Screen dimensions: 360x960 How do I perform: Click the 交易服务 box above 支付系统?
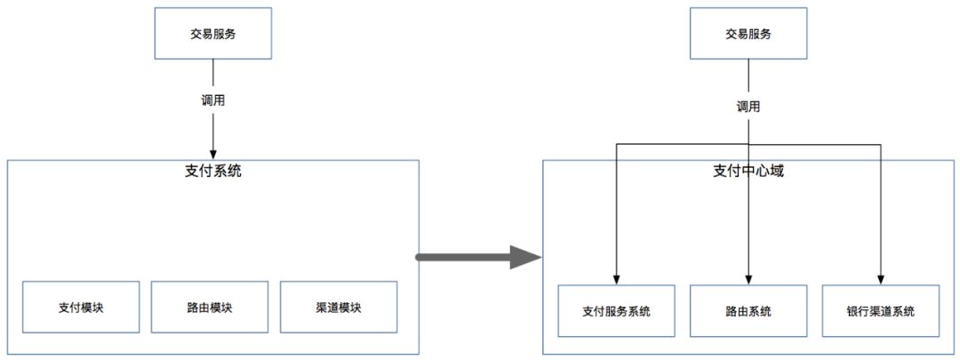tap(213, 34)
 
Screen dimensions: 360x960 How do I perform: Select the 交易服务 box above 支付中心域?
tap(748, 34)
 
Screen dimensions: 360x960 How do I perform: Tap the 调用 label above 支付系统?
tap(213, 100)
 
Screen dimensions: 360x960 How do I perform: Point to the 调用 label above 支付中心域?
tap(748, 106)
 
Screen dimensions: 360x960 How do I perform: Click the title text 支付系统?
tap(213, 171)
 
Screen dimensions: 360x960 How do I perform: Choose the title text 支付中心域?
tap(748, 171)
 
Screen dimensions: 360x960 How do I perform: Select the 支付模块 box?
tap(81, 308)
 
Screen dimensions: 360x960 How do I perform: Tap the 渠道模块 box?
tap(339, 308)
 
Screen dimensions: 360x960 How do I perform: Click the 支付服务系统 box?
tap(616, 311)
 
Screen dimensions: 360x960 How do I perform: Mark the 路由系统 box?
tap(748, 311)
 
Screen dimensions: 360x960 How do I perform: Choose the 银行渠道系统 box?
tap(881, 311)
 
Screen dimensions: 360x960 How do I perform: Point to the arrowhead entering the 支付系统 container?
tap(213, 154)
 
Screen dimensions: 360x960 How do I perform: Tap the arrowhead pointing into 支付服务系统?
tap(616, 278)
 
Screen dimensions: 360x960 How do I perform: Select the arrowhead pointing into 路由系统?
tap(748, 278)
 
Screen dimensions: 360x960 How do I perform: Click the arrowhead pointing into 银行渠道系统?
tap(881, 278)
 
